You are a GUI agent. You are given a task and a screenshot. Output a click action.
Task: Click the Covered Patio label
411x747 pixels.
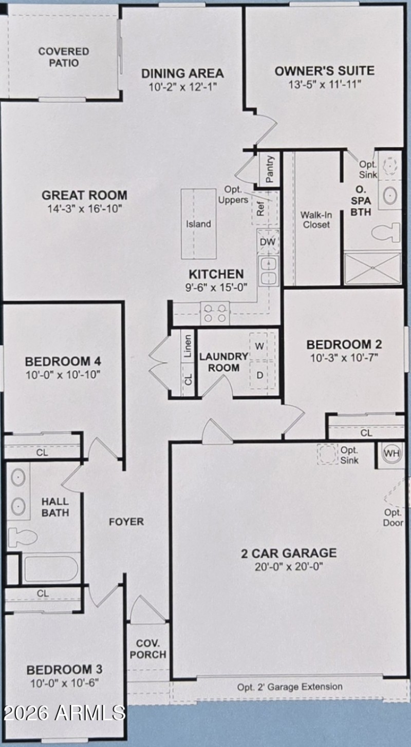(x=63, y=57)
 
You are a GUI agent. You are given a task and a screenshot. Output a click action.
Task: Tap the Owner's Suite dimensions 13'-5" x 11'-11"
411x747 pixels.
(x=324, y=84)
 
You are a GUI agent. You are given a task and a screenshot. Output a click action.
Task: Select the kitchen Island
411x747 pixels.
(x=198, y=224)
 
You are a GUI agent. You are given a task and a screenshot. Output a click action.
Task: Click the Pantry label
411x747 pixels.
(x=270, y=169)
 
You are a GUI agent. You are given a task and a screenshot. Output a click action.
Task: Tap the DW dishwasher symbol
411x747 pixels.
(x=268, y=241)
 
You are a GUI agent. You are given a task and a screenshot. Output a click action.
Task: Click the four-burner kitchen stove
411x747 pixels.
(x=215, y=313)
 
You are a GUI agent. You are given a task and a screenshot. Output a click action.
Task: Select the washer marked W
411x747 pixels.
(x=260, y=346)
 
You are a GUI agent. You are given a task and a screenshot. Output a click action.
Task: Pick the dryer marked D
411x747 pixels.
(x=260, y=375)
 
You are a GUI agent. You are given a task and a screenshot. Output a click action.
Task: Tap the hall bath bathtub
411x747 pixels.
(x=50, y=569)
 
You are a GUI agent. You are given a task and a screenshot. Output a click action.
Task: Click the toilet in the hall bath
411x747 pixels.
(x=22, y=537)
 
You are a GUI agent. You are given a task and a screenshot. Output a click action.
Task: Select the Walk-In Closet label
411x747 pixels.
(x=316, y=219)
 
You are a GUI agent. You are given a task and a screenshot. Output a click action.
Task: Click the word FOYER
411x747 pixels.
(x=126, y=522)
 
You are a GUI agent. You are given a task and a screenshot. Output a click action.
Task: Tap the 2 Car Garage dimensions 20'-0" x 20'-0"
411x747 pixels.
(x=289, y=567)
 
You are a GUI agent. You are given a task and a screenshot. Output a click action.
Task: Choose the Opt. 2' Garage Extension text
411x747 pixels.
(x=290, y=686)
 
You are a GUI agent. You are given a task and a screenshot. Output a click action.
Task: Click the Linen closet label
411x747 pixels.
(x=188, y=347)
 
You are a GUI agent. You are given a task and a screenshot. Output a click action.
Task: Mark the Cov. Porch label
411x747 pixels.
(x=151, y=649)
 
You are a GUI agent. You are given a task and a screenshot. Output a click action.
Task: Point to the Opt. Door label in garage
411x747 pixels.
(x=393, y=518)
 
